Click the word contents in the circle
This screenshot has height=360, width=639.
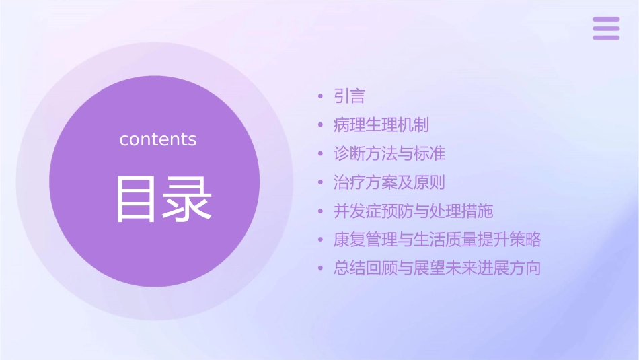click(x=158, y=139)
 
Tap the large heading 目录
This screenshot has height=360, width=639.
click(x=163, y=200)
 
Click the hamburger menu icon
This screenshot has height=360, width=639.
click(x=606, y=28)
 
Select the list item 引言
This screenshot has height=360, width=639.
click(x=349, y=97)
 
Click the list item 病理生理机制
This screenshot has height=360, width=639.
click(x=381, y=125)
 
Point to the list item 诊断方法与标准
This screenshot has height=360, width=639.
click(x=389, y=154)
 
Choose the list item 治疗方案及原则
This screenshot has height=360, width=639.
click(x=389, y=182)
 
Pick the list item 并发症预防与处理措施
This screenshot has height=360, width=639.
click(x=413, y=211)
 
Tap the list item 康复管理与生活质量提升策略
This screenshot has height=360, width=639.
click(x=437, y=240)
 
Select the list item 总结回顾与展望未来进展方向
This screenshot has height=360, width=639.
click(x=437, y=268)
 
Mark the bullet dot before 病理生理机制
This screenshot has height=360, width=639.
click(x=320, y=126)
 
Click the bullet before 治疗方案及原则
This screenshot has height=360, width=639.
click(x=320, y=183)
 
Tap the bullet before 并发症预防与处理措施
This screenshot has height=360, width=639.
click(x=320, y=212)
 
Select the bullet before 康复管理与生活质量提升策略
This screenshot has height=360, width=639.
click(x=320, y=240)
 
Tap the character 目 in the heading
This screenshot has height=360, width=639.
click(x=138, y=200)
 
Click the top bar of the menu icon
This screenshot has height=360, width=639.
click(x=606, y=20)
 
